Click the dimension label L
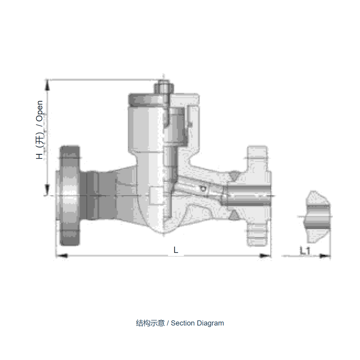click(175, 250)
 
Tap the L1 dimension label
click(305, 251)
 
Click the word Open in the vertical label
click(40, 111)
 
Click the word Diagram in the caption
click(210, 323)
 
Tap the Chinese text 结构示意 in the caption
click(150, 323)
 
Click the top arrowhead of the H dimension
click(47, 85)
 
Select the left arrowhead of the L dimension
click(62, 255)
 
